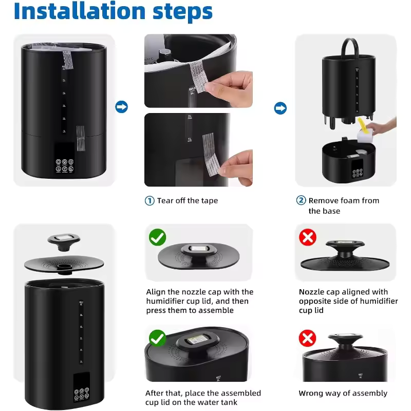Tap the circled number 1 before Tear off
150,201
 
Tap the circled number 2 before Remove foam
301,201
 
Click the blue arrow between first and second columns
122,107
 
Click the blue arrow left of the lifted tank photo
281,108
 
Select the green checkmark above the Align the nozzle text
157,237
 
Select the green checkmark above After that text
157,339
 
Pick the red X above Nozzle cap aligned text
307,237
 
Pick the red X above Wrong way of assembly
307,339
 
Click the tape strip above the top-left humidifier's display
80,138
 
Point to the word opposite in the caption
315,302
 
